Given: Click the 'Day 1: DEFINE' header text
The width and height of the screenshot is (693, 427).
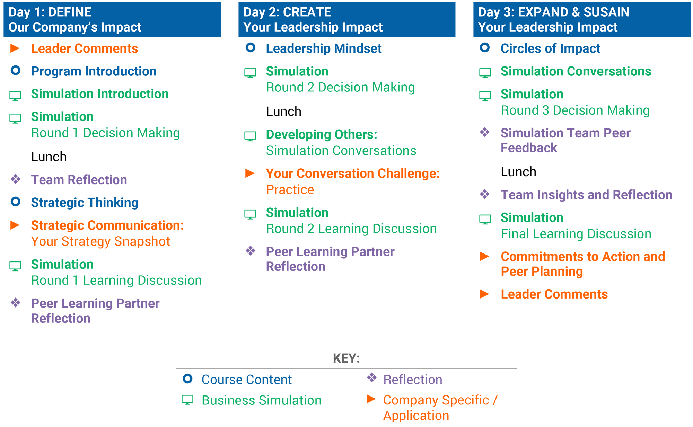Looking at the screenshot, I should [x=50, y=12].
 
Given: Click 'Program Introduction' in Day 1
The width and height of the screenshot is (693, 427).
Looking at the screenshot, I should [x=94, y=71].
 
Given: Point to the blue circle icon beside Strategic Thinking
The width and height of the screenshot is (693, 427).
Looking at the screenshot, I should [x=16, y=202].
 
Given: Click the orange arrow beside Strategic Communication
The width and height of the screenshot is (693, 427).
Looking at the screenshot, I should [x=15, y=225].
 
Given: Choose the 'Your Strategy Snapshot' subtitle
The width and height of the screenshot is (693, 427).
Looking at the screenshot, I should [x=100, y=241].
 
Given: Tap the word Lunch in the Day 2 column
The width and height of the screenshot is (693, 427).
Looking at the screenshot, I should [x=283, y=112].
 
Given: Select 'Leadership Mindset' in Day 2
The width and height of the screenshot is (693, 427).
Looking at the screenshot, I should [x=324, y=48].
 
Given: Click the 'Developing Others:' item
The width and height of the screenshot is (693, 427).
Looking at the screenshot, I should [x=322, y=134].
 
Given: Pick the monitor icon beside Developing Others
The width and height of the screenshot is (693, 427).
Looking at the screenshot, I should [x=250, y=136].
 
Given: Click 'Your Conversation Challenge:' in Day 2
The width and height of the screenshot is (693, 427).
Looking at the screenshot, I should [x=353, y=174].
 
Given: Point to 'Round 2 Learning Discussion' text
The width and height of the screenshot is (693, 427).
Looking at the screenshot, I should [x=351, y=229].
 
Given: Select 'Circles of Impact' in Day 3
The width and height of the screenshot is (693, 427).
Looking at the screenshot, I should [x=550, y=48].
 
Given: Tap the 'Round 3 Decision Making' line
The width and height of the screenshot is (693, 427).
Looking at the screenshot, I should [x=575, y=110].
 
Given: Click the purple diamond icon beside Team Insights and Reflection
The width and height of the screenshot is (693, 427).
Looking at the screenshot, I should [x=485, y=194].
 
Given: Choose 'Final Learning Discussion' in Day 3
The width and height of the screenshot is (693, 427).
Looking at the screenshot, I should [x=576, y=234].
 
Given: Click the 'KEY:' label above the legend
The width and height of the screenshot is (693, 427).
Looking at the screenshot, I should [x=346, y=358].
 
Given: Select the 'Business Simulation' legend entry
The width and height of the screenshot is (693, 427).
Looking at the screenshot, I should [x=262, y=400].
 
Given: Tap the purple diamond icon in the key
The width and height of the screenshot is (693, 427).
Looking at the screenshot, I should [x=371, y=377].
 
